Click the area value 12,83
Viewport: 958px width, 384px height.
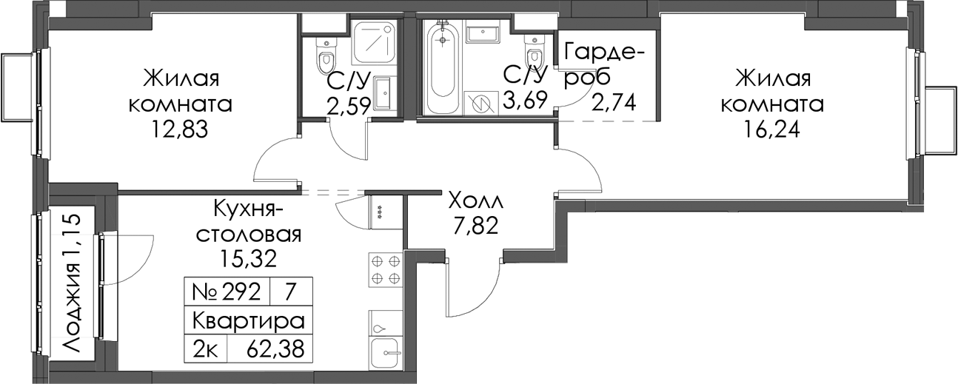point(180,129)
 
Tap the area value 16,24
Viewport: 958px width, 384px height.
point(771,129)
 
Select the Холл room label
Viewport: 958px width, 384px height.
point(475,201)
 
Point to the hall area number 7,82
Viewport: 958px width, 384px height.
point(476,226)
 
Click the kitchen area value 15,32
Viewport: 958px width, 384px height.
point(249,258)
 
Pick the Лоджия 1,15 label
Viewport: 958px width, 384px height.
point(71,283)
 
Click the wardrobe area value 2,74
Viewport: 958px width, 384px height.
point(614,102)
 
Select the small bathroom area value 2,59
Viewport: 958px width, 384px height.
point(348,106)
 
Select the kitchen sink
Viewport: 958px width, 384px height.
point(385,352)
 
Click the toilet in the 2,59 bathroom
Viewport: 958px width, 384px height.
point(326,57)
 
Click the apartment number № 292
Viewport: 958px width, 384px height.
point(227,292)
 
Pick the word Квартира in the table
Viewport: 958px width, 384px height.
point(249,321)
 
